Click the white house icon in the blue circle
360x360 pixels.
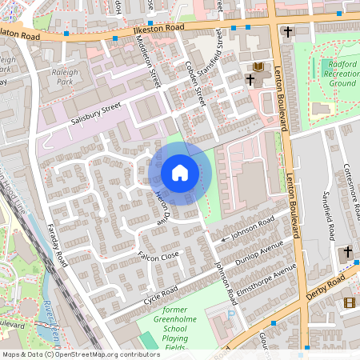180,173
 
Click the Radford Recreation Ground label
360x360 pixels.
342,73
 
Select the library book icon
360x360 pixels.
258,66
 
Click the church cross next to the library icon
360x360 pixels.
250,80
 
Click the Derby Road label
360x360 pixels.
329,288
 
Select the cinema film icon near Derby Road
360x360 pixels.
348,302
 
